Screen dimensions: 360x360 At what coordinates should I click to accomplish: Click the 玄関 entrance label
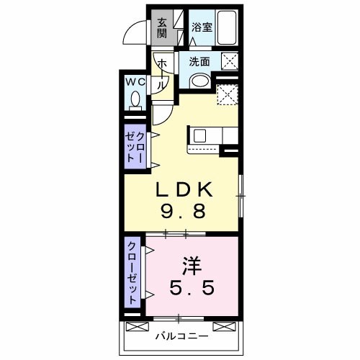point(162,28)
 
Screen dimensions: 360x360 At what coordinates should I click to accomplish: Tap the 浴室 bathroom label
point(202,27)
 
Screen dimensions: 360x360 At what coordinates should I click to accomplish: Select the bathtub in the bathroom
point(227,27)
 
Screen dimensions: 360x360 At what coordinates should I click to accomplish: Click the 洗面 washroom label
point(199,62)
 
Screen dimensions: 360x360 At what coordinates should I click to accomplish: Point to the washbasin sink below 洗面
point(200,81)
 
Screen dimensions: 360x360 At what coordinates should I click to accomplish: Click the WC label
point(135,83)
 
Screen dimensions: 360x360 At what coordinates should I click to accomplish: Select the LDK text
point(184,189)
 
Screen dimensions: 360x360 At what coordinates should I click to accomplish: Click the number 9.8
point(184,210)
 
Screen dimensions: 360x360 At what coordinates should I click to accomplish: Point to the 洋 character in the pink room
point(192,266)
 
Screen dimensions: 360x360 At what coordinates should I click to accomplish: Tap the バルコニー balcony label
point(181,336)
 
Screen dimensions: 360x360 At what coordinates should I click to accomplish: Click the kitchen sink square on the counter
point(200,135)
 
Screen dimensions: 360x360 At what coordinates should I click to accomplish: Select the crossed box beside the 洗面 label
point(230,61)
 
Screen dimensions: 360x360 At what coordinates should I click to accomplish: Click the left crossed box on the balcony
point(138,327)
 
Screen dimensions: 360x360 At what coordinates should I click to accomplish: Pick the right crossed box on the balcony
point(225,327)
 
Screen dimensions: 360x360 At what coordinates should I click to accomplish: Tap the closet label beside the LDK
point(135,147)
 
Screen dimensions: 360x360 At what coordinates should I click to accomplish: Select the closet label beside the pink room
point(132,272)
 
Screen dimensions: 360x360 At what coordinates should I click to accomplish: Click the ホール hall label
point(163,74)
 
